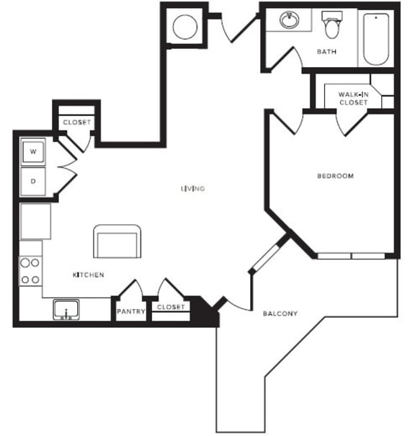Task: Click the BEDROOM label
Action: coord(336,176)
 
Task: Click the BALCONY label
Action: coord(280,313)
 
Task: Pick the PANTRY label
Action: coord(130,312)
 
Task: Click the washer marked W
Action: coord(33,152)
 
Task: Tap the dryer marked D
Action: coord(33,182)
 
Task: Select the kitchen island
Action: coord(117,241)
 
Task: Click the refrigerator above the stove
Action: coord(35,221)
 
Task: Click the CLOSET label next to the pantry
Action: coord(171,308)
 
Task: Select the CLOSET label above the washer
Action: coord(76,123)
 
